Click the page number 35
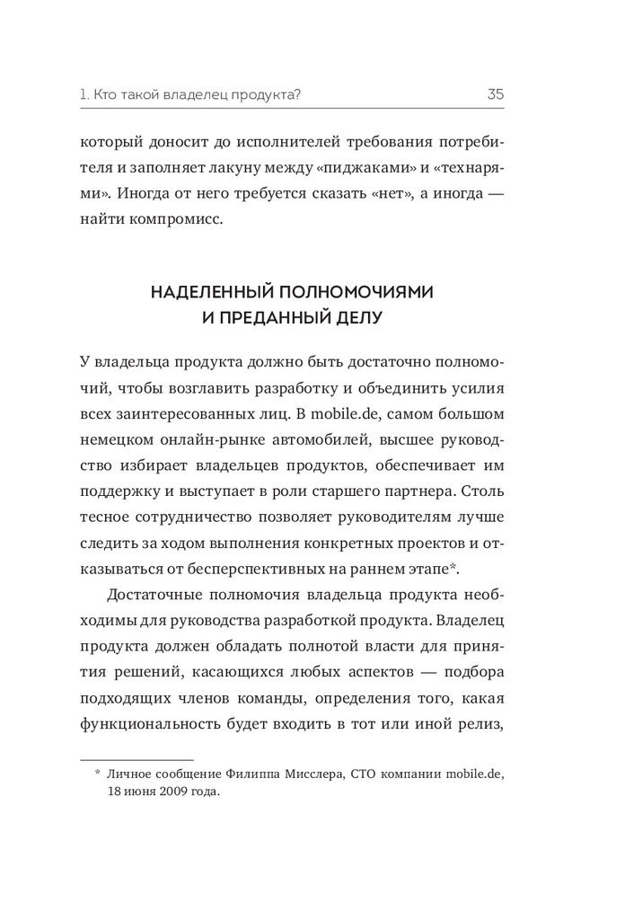495,93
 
